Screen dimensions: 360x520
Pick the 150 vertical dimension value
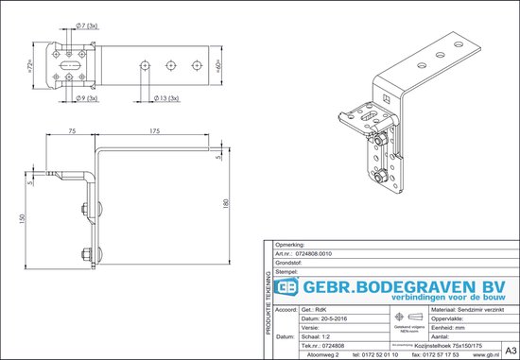click(21, 217)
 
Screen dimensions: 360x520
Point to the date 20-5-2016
click(329, 319)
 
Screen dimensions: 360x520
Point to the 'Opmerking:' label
click(286, 245)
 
